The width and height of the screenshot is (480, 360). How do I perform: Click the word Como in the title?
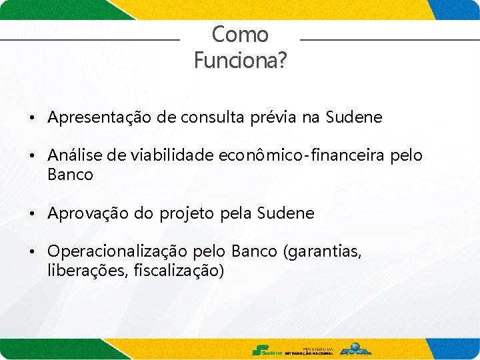pyautogui.click(x=240, y=35)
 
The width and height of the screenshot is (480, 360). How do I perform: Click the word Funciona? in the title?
pyautogui.click(x=240, y=61)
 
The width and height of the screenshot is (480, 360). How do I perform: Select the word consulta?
pyautogui.click(x=206, y=118)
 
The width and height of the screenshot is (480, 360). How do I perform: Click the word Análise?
pyautogui.click(x=71, y=156)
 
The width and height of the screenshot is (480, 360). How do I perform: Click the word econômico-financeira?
pyautogui.click(x=301, y=156)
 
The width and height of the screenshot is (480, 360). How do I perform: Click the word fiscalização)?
pyautogui.click(x=179, y=271)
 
